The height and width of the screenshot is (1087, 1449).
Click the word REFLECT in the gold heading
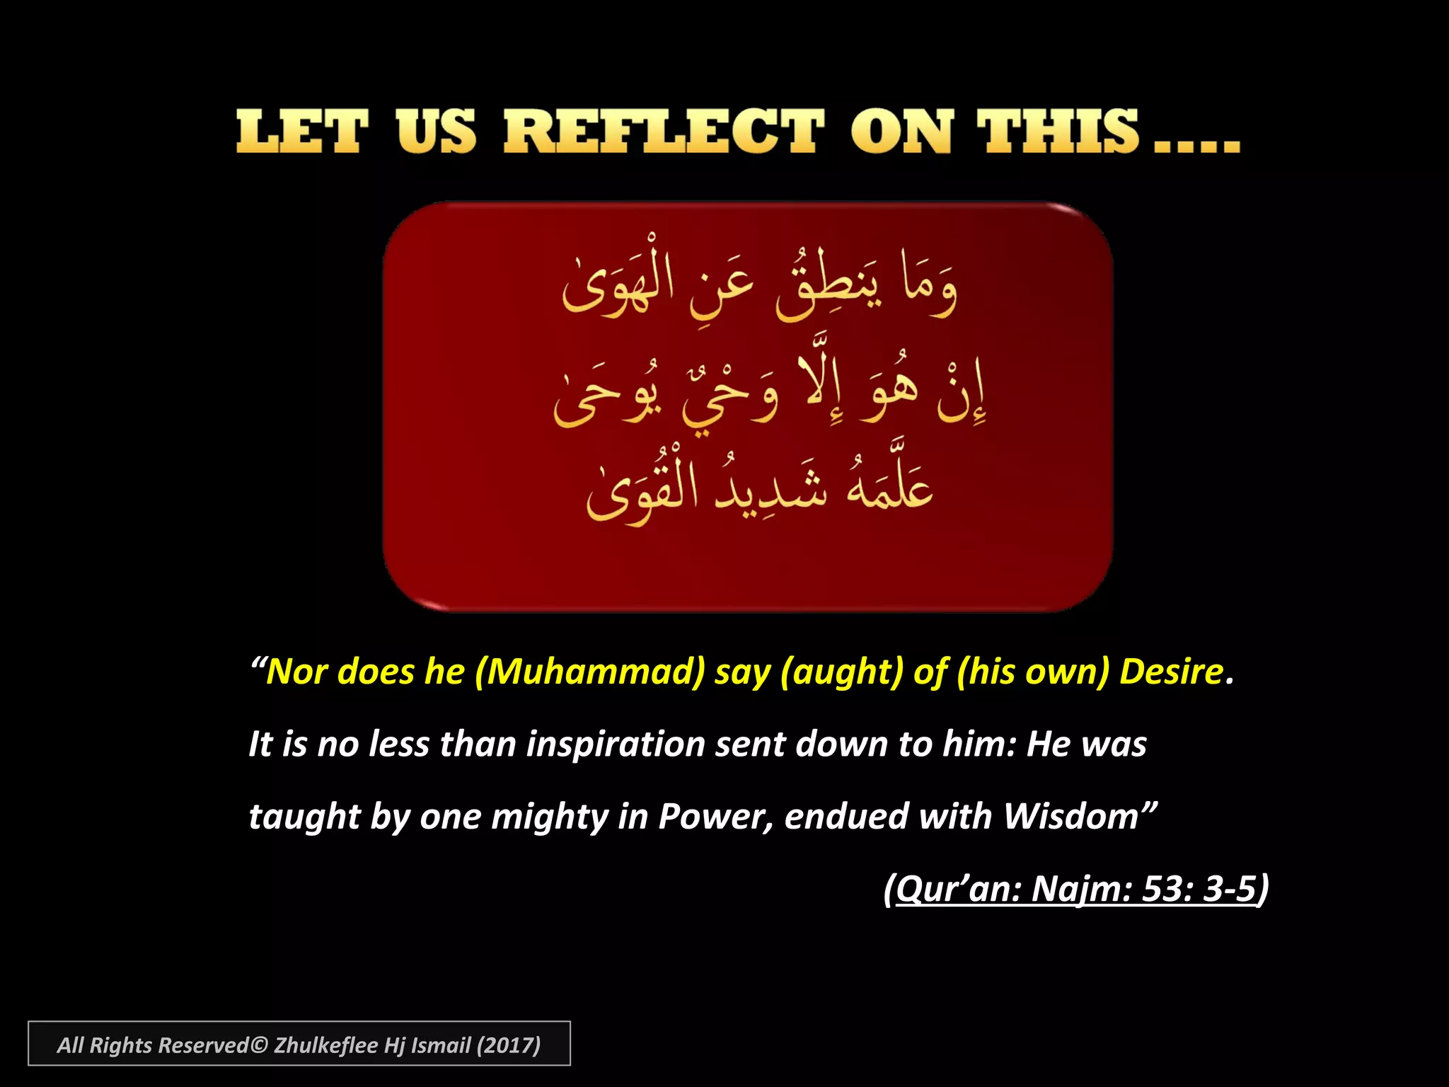coord(664,132)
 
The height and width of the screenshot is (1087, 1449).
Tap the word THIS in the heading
coord(1058,132)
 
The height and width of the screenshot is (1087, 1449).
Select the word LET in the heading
coord(302,132)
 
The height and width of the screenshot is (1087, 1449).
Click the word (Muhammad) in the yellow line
coord(590,671)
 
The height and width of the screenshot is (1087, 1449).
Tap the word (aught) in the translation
coord(842,671)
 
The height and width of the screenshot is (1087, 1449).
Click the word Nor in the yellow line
coord(297,671)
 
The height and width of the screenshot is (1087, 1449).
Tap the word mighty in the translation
coord(549,817)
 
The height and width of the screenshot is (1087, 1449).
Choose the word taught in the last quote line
coord(305,817)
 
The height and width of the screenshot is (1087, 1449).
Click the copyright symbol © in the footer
coord(259,1045)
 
